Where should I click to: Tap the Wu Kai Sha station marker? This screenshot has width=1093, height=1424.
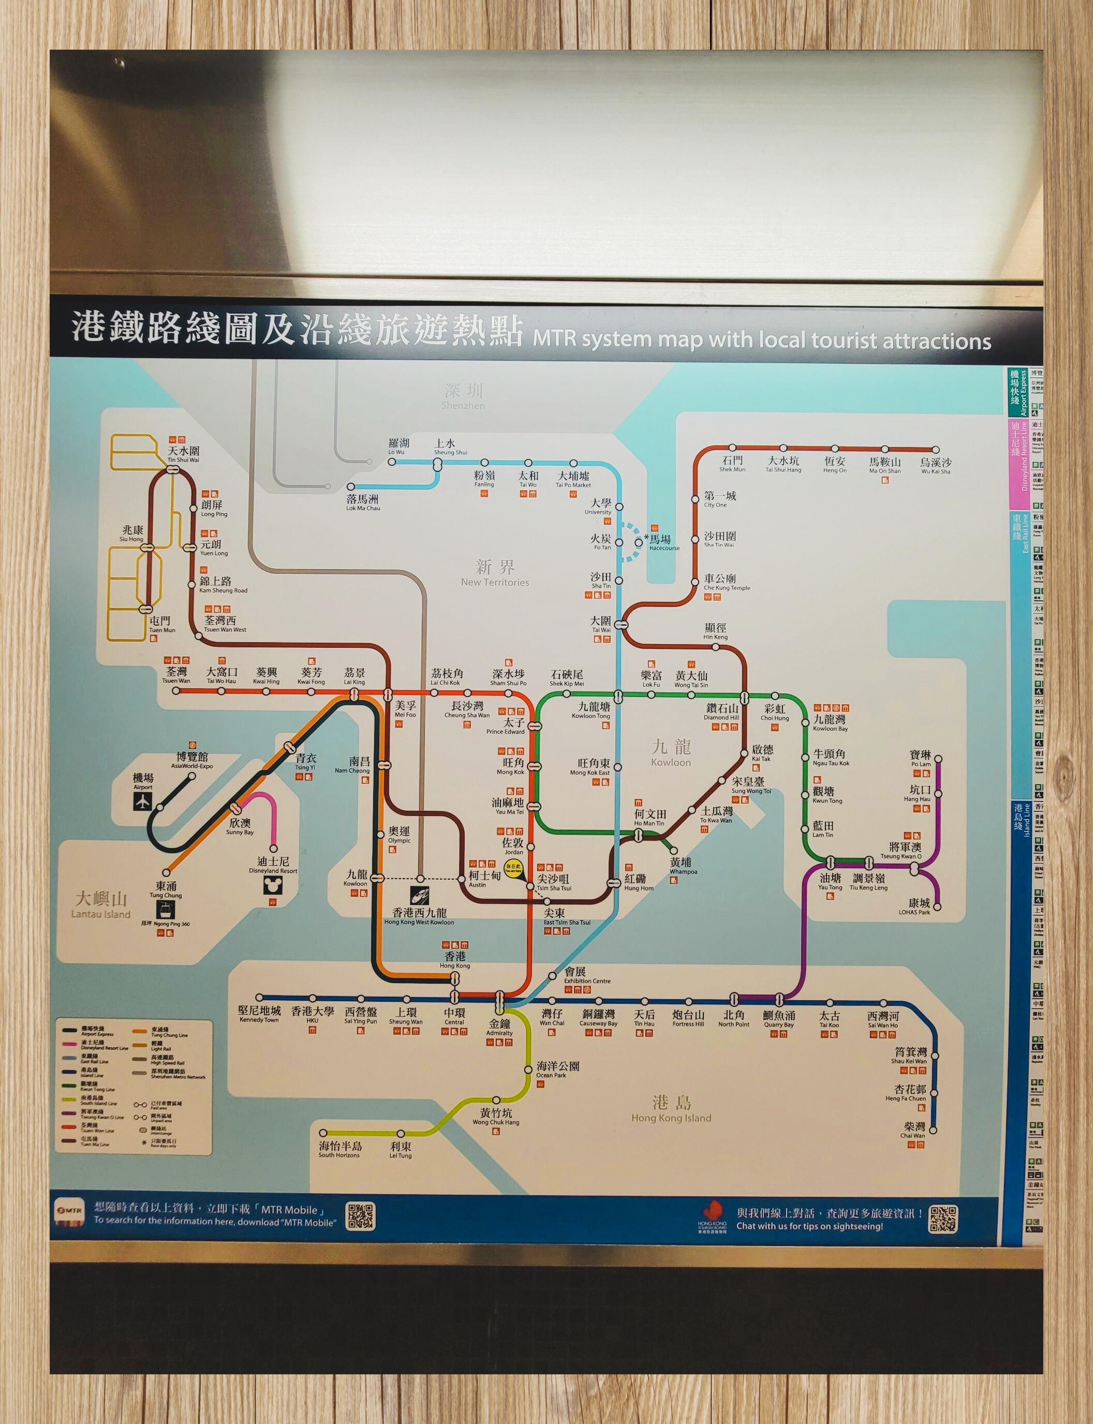coord(936,450)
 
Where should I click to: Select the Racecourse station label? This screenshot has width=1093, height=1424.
coord(663,542)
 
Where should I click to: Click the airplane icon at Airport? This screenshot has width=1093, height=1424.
coord(142,802)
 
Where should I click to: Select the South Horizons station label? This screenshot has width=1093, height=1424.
coord(339,1149)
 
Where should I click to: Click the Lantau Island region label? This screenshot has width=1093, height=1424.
coord(101,905)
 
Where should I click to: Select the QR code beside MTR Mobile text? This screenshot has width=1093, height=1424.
coord(360,1217)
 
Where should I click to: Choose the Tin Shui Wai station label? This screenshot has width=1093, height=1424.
coord(184,453)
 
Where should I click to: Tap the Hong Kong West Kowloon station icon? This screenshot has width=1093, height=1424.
coord(420,896)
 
